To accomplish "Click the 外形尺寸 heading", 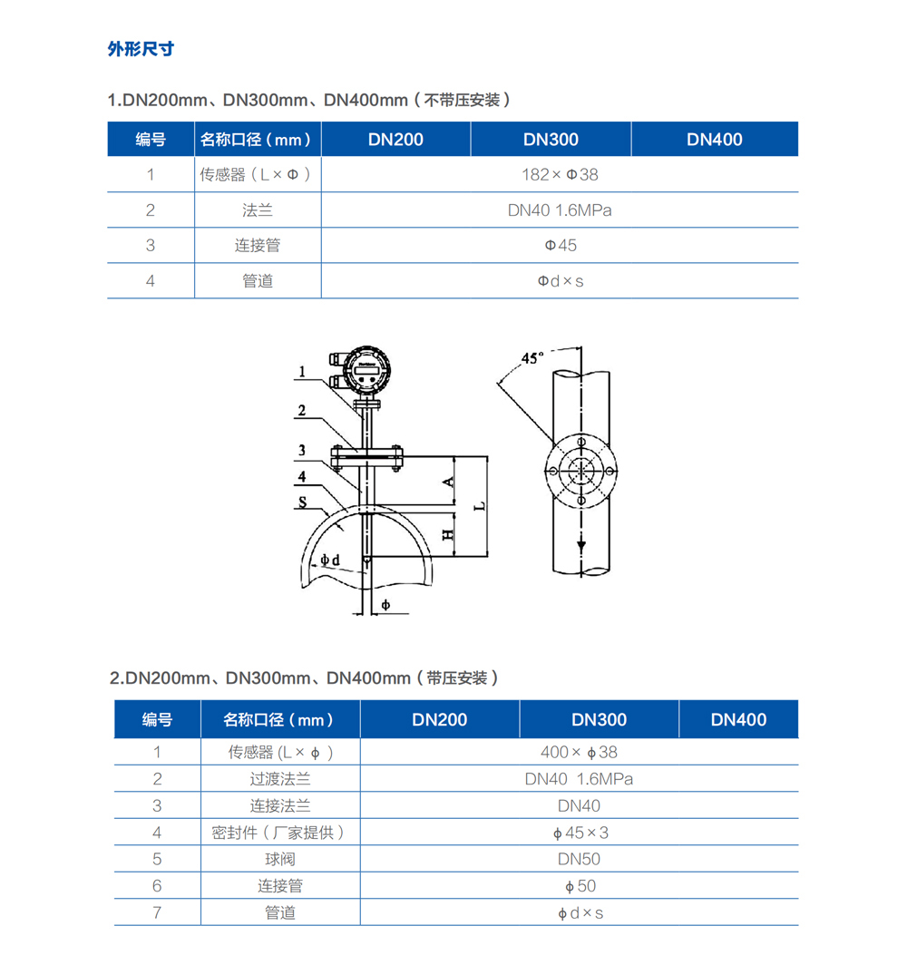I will pyautogui.click(x=141, y=49).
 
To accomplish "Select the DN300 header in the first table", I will pyautogui.click(x=551, y=139).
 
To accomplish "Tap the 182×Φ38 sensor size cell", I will pyautogui.click(x=560, y=174).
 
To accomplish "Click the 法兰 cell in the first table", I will pyautogui.click(x=258, y=210).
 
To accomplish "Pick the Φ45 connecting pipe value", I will pyautogui.click(x=560, y=245).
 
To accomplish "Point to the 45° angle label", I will pyautogui.click(x=533, y=357).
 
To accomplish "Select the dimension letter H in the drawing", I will pyautogui.click(x=447, y=535).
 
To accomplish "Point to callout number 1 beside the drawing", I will pyautogui.click(x=303, y=372).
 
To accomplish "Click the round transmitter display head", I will pyautogui.click(x=366, y=366).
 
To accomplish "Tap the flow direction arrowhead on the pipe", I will pyautogui.click(x=580, y=545).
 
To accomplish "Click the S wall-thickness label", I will pyautogui.click(x=302, y=501).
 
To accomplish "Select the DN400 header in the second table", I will pyautogui.click(x=738, y=719).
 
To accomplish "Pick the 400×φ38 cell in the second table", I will pyautogui.click(x=579, y=752).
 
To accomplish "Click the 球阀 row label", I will pyautogui.click(x=280, y=859).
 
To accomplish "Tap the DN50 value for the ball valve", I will pyautogui.click(x=579, y=859).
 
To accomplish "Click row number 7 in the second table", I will pyautogui.click(x=157, y=912).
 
